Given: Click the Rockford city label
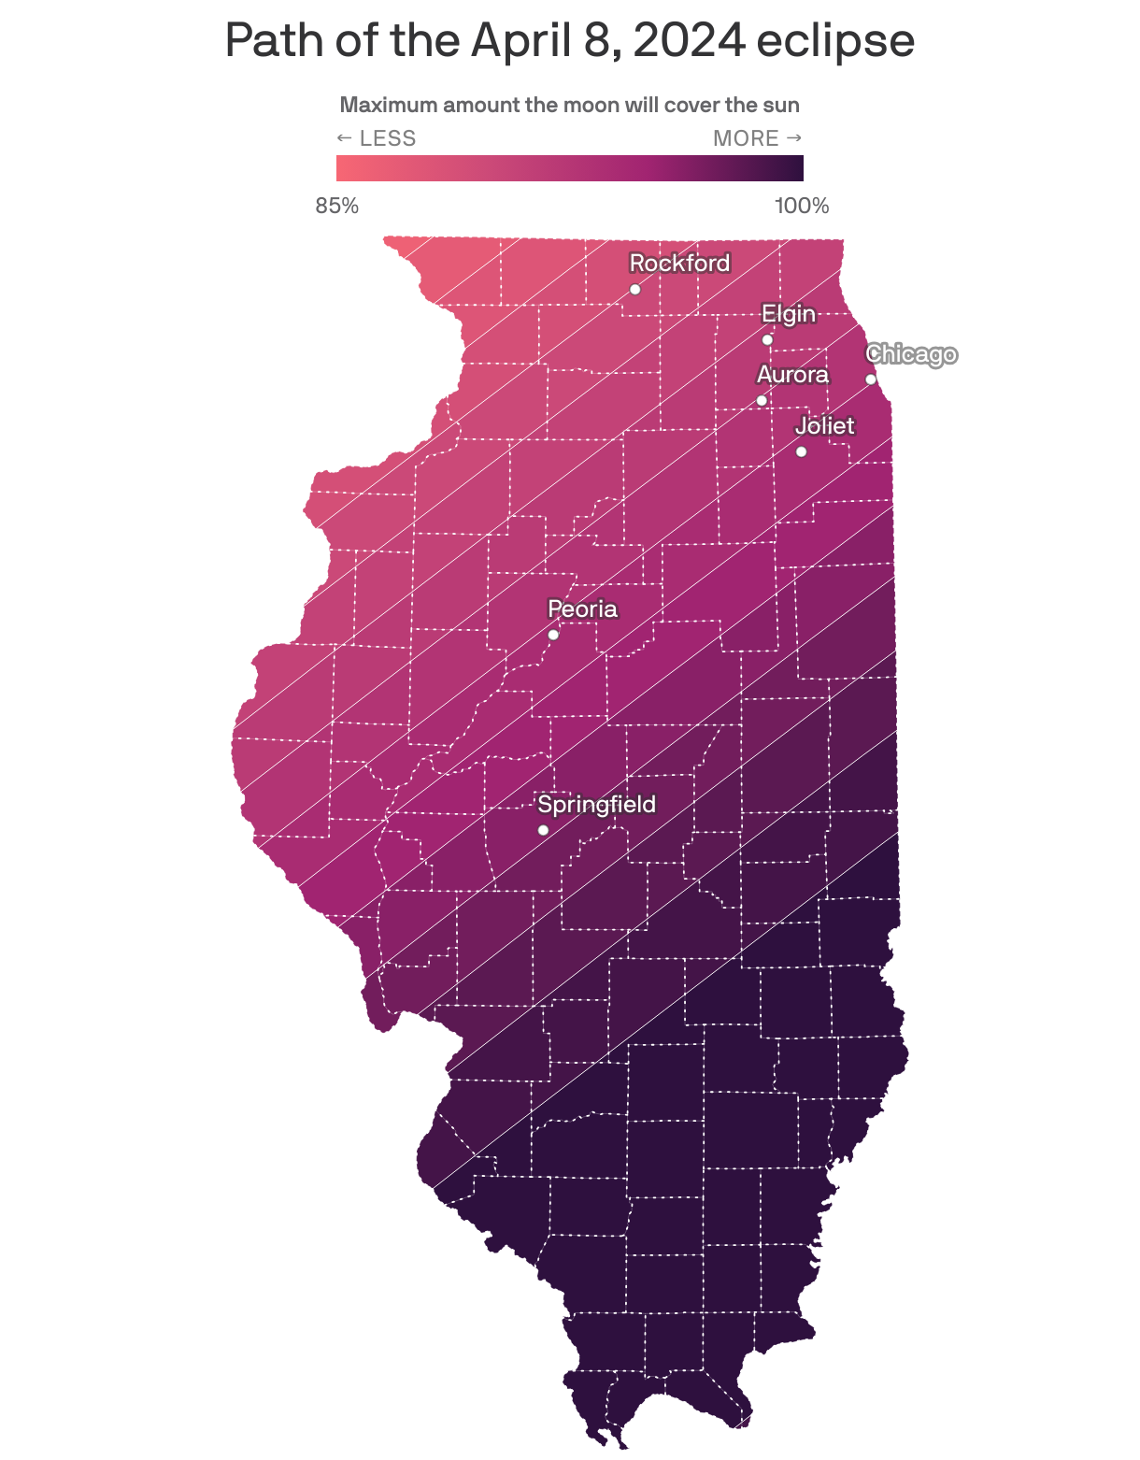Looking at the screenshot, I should tap(679, 264).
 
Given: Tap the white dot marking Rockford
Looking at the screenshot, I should tap(635, 289).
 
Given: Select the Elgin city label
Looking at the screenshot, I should tap(789, 314).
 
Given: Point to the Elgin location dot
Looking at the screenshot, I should tap(767, 339).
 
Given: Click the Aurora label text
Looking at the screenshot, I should tap(792, 375).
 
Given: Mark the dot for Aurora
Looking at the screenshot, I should tap(762, 400).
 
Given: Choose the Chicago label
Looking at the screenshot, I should tap(911, 354).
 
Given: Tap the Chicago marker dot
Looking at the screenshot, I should tap(871, 379).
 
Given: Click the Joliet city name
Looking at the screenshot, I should tap(824, 426).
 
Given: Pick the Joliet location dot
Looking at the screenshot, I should tap(801, 451).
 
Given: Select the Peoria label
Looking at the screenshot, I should tap(582, 609).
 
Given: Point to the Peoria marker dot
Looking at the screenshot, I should tap(553, 635).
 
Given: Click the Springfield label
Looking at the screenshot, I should tap(596, 805).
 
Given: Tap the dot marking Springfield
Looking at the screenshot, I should tap(543, 830).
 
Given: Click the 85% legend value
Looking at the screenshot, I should tap(337, 207).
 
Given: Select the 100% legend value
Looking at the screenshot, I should tap(802, 207).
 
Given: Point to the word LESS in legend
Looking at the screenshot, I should tap(387, 138).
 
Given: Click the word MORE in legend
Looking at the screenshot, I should tap(746, 138).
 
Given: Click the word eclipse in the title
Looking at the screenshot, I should tap(834, 40).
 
